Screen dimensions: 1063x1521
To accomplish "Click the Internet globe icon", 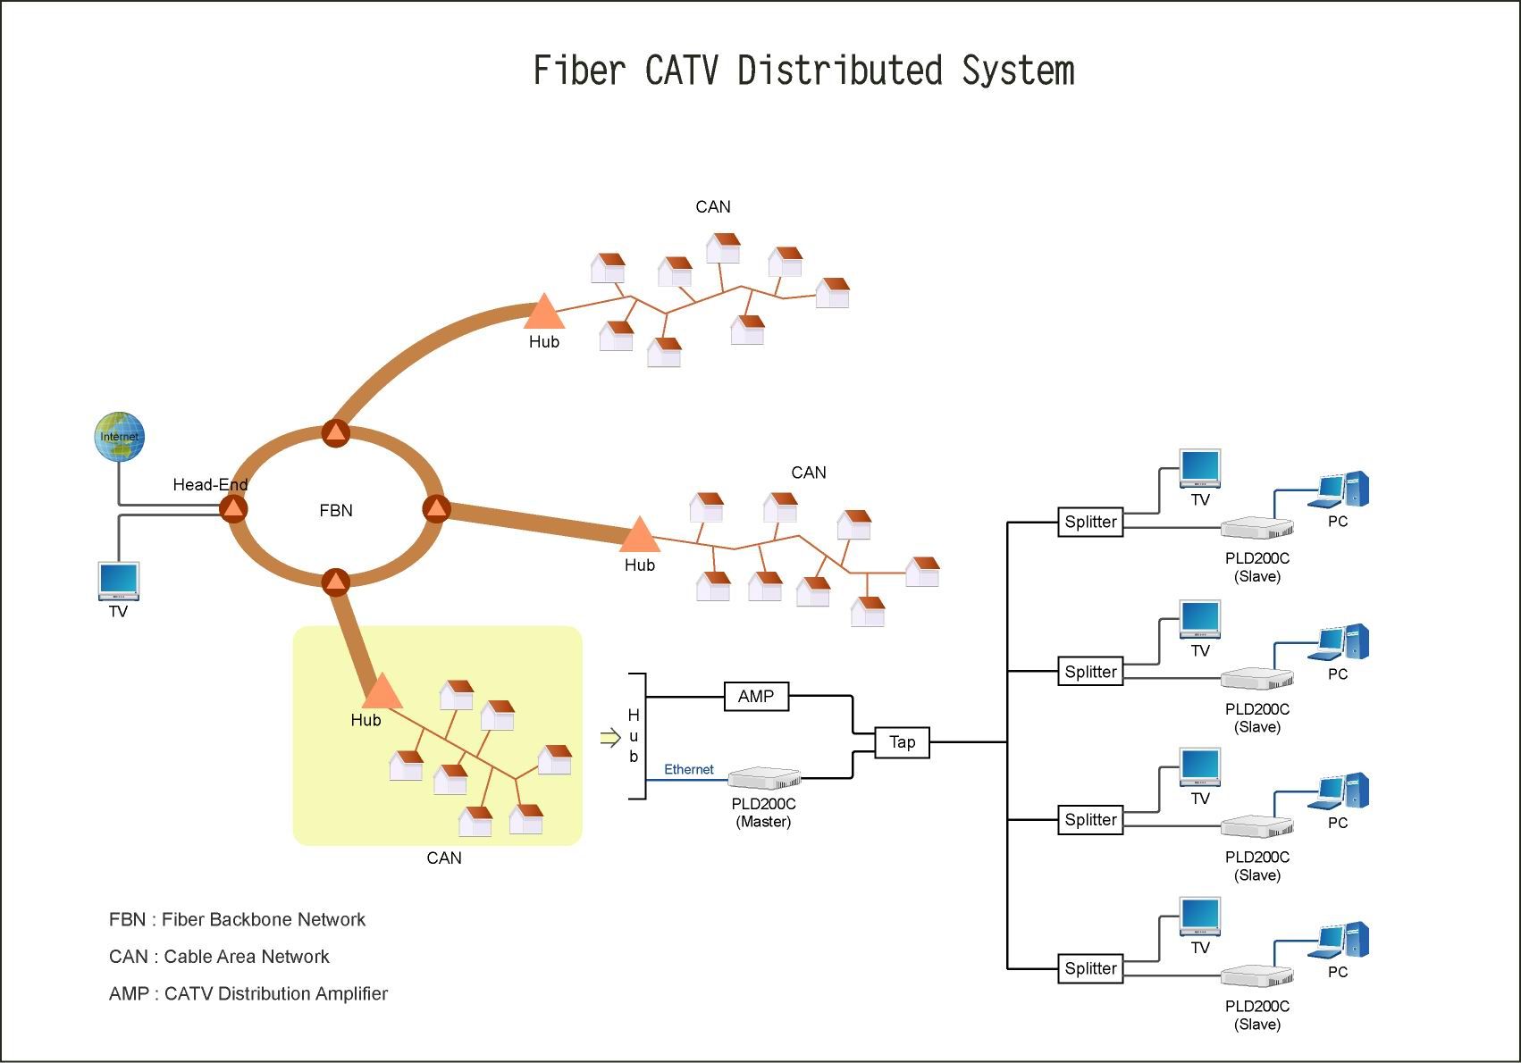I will click(120, 437).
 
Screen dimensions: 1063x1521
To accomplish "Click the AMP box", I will click(756, 696).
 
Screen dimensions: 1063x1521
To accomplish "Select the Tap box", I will click(902, 742).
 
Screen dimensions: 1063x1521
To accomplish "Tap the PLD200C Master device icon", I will click(764, 777).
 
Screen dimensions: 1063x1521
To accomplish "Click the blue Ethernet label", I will click(688, 769).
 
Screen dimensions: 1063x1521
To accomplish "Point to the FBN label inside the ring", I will click(336, 510).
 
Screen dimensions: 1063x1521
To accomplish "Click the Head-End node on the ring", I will click(233, 509).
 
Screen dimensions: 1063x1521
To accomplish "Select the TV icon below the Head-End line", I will click(118, 582).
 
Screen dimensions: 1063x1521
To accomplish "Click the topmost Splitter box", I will click(1090, 522).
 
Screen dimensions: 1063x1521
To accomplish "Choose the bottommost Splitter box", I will click(1090, 968).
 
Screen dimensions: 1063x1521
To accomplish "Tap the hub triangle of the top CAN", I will click(543, 314).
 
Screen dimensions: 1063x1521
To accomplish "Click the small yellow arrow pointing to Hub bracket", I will click(609, 738).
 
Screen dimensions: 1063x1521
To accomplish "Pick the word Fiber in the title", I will click(578, 71).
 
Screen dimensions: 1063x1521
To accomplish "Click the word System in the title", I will click(1018, 71).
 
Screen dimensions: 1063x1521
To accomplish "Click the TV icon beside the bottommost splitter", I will click(1199, 917).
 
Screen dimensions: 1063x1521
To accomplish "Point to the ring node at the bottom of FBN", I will click(335, 582).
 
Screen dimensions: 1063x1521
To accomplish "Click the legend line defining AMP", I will click(248, 993).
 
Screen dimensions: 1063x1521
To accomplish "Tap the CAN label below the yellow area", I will click(444, 858).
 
